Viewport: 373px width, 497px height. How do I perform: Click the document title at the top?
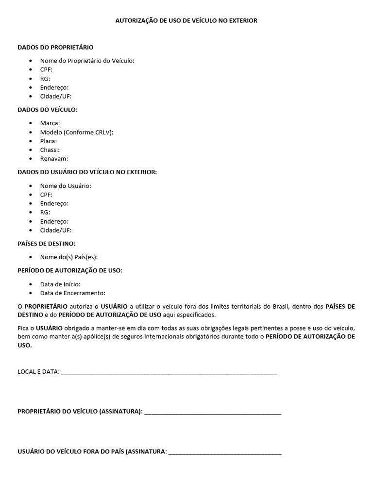(186, 21)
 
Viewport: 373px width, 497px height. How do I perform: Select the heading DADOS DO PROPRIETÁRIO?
(55, 48)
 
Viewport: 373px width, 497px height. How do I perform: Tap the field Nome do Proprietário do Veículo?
(87, 61)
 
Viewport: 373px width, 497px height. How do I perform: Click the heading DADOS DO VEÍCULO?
(48, 110)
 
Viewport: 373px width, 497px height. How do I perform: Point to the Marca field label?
(50, 123)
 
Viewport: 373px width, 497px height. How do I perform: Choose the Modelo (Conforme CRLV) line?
(76, 132)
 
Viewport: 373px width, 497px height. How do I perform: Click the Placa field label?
(49, 141)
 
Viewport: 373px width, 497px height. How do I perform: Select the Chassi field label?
(50, 149)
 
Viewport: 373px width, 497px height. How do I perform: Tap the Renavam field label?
(54, 158)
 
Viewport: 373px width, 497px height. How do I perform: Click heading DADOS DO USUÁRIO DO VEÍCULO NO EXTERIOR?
(87, 172)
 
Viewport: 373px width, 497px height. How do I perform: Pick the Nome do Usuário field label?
(66, 185)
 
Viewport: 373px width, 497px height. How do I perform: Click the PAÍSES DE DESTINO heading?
(47, 243)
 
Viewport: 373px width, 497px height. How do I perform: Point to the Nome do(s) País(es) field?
(72, 257)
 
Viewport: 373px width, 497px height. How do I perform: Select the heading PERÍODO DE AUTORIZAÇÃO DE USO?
(70, 270)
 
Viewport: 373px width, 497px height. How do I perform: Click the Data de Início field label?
(60, 284)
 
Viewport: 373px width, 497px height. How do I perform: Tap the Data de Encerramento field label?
(72, 293)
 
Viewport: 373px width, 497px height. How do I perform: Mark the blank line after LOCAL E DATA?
(169, 372)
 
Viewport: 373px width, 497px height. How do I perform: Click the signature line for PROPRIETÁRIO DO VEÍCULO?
(213, 412)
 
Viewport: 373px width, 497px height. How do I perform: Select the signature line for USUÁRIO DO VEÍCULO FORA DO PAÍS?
(224, 452)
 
